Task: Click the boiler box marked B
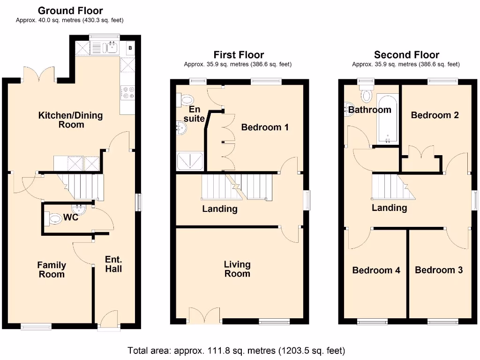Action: (130, 48)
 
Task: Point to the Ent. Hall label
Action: (113, 264)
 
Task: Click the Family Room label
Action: (52, 270)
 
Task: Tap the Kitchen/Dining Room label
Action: (70, 120)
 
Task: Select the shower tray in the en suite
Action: (190, 161)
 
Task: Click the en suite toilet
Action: (187, 99)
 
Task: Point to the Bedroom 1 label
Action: (265, 127)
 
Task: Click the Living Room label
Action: (237, 269)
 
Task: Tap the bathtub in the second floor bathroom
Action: (388, 120)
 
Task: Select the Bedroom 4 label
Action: (376, 270)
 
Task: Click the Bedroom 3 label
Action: (439, 270)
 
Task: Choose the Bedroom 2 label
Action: (435, 115)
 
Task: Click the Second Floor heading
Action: (406, 55)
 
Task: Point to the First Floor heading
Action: (239, 55)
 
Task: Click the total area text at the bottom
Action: (237, 350)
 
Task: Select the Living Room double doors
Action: (205, 315)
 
